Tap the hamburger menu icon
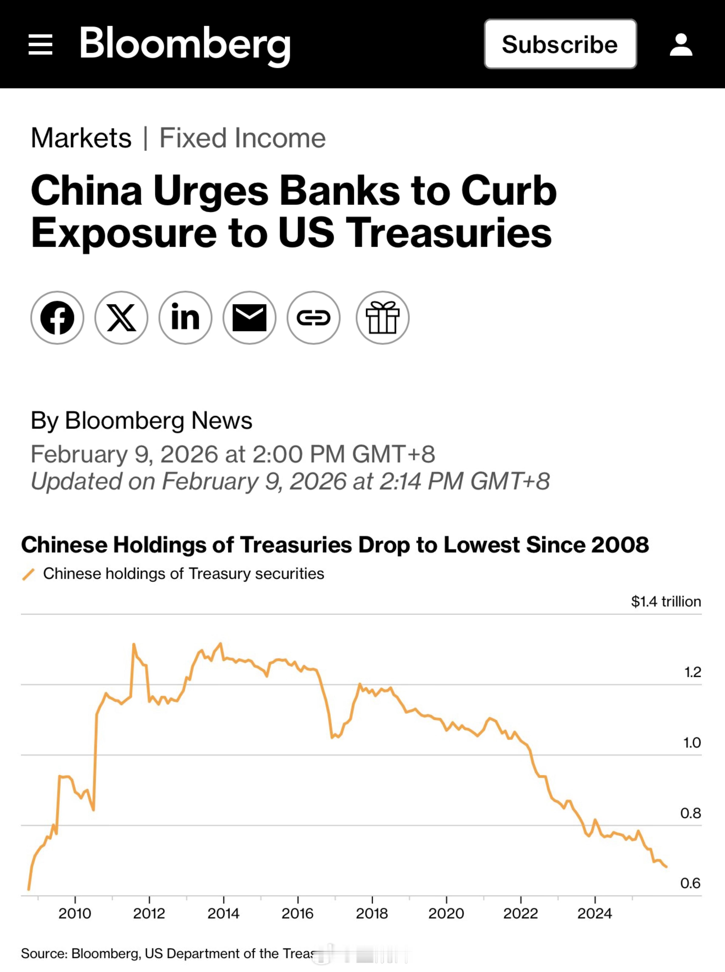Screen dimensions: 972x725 tap(40, 44)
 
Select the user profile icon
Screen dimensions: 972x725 tap(681, 44)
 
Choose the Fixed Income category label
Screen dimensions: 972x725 tap(242, 138)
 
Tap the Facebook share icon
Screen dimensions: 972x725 tap(57, 317)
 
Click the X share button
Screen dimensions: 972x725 tap(121, 317)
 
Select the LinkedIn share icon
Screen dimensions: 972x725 tap(185, 317)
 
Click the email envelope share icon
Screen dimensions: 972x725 tap(249, 317)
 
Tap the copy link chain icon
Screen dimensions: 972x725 tap(313, 317)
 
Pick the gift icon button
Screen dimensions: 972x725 tap(382, 317)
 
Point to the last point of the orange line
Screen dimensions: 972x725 tap(666, 867)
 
